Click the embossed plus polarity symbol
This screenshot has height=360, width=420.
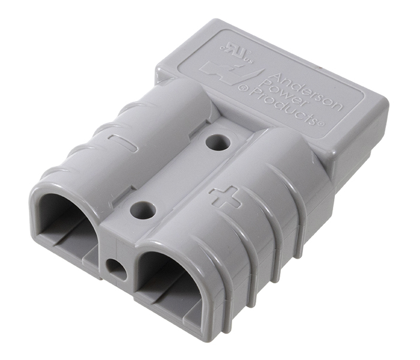(x=225, y=197)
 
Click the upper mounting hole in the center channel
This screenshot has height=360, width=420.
(x=218, y=142)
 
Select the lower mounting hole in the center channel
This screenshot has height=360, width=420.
(x=143, y=210)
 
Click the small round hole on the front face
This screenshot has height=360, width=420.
(x=116, y=269)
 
